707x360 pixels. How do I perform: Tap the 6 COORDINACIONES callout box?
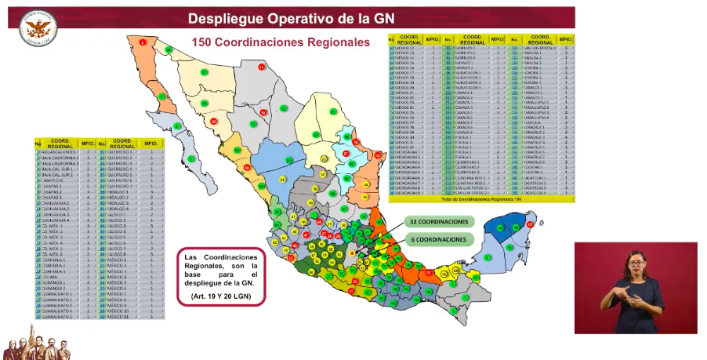click(441, 238)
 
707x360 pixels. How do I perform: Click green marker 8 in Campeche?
click(488, 256)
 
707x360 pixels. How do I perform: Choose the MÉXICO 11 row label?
click(125, 316)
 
